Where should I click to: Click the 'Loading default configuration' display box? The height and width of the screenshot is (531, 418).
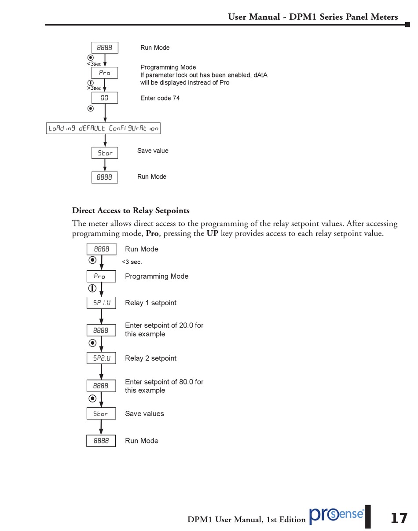(x=103, y=128)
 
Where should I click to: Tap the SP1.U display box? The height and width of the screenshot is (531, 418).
(x=101, y=303)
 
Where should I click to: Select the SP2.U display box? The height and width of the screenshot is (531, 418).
(x=101, y=358)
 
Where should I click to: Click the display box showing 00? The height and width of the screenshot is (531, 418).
(x=104, y=98)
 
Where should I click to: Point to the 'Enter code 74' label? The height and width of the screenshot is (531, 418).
(x=160, y=98)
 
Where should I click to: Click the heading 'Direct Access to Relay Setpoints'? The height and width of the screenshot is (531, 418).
(x=131, y=210)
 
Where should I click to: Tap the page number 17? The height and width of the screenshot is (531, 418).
(x=399, y=518)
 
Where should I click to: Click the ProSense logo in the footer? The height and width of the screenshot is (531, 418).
(x=337, y=515)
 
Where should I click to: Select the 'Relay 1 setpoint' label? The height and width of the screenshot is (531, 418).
(x=150, y=303)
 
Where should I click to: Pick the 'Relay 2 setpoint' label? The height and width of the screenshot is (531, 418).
(x=150, y=358)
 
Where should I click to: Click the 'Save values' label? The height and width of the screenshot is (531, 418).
(x=144, y=414)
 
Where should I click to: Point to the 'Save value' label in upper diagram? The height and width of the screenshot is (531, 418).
(x=153, y=151)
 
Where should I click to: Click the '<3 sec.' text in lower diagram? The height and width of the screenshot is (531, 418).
(x=132, y=262)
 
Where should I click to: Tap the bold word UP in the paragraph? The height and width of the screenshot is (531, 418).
(x=212, y=233)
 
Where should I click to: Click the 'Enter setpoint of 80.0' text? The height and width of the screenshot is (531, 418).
(x=164, y=382)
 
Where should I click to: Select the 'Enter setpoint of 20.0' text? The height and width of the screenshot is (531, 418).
(x=164, y=326)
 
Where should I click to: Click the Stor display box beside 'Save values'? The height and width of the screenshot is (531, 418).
(x=101, y=414)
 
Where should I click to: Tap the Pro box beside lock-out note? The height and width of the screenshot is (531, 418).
(x=104, y=73)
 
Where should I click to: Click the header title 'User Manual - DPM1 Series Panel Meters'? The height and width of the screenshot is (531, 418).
(x=312, y=17)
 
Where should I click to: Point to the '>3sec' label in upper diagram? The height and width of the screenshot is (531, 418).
(x=94, y=88)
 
